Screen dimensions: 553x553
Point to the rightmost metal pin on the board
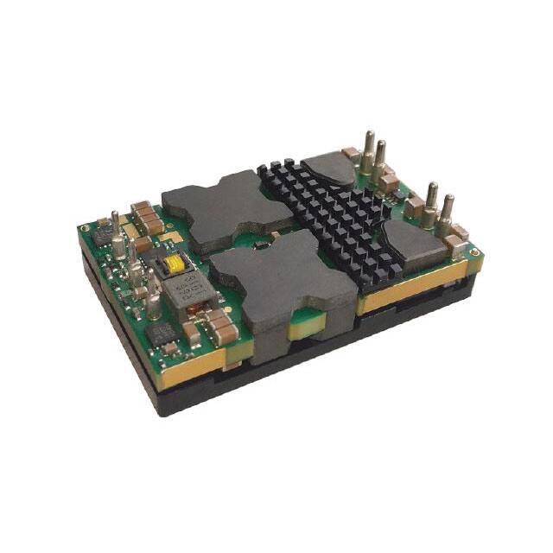coord(447,215)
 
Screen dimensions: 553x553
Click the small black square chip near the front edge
coord(162,334)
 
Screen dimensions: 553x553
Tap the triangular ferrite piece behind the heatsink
coord(329,169)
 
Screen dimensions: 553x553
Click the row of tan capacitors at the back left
coord(147,219)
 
